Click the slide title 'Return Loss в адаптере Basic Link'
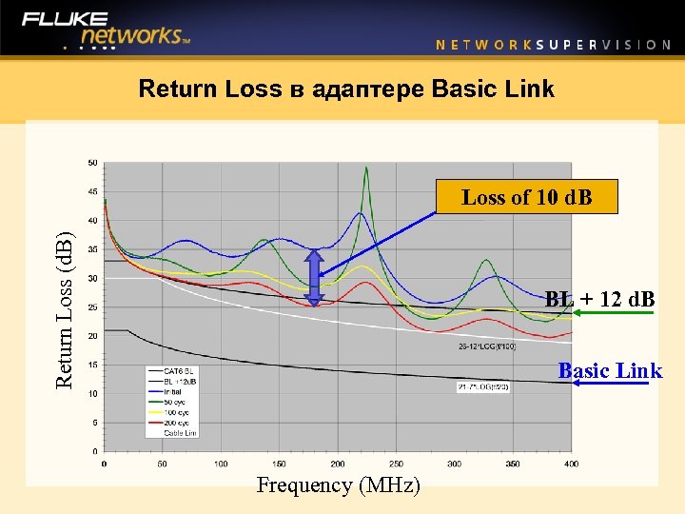click(346, 89)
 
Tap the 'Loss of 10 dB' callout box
click(526, 197)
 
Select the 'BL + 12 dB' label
click(600, 299)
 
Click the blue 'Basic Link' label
click(610, 370)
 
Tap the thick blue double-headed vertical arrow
click(315, 277)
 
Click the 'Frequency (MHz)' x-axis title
click(338, 485)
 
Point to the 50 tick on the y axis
click(92, 163)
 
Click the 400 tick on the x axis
click(570, 464)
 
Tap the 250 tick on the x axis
click(396, 464)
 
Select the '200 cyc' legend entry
click(176, 423)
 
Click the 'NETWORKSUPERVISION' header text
click(553, 44)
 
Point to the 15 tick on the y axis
click(92, 365)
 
